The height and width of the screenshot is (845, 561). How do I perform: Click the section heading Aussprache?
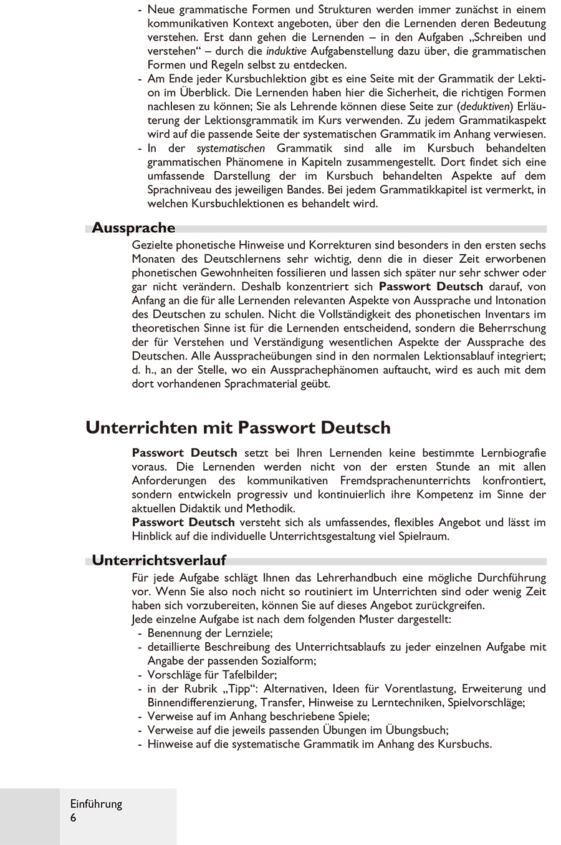pyautogui.click(x=133, y=228)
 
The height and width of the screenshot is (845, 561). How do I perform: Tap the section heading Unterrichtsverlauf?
pyautogui.click(x=159, y=560)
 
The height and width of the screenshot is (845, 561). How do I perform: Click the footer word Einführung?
pyautogui.click(x=96, y=804)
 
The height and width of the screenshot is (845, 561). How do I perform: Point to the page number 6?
pyautogui.click(x=74, y=818)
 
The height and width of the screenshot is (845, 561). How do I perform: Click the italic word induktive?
pyautogui.click(x=287, y=51)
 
